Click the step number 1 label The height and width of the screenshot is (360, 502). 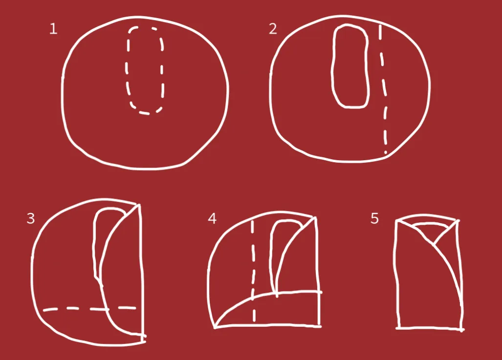coord(53,29)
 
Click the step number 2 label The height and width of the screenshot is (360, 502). coord(273,29)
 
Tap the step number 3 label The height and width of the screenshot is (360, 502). coord(31,218)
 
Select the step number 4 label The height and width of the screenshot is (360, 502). coord(212,218)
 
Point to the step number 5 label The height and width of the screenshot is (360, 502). coord(374,218)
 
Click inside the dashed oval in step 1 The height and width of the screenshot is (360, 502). coord(145,70)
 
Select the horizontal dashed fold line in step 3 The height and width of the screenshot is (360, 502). coord(89,309)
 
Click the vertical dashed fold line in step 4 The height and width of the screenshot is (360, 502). coord(253,271)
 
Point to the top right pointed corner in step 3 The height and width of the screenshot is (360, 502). coord(139,205)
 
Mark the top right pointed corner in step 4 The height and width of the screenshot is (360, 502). coord(315,218)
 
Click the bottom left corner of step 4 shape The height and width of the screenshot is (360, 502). coord(215,327)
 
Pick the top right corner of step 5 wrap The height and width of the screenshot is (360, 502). coord(458,221)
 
